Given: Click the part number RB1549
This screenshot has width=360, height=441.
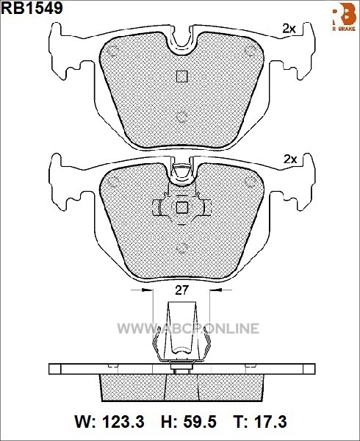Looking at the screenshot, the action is coord(32,8).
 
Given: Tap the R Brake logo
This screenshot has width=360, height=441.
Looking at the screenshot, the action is coord(345,17).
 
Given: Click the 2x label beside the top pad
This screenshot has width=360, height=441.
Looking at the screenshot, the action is coord(289,29).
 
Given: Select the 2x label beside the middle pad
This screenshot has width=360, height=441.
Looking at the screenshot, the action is coord(290,159).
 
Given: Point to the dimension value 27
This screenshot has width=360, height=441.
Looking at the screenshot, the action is coord(181,290).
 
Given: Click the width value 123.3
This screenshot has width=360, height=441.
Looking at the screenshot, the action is coord(123,422).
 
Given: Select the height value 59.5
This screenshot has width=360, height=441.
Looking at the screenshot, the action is coord(200,422).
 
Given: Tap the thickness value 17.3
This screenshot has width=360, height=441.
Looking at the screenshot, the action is coord(270,422).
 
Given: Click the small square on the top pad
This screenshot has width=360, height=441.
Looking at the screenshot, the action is coord(181,76).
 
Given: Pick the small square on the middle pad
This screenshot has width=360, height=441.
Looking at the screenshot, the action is coord(181,208).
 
